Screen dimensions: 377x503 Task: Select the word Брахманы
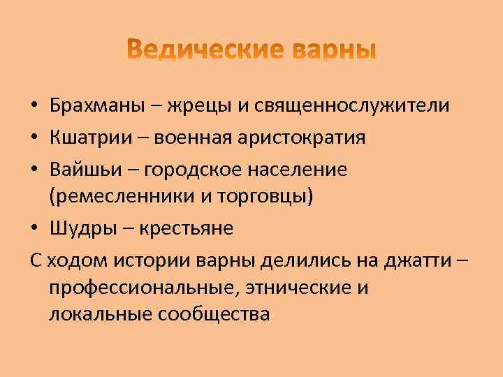pyautogui.click(x=98, y=105)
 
